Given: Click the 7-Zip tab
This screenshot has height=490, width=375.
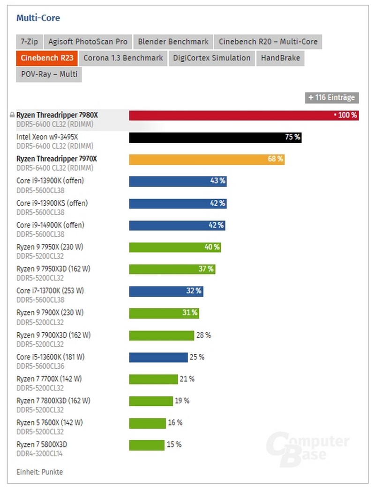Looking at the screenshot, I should tap(29, 42).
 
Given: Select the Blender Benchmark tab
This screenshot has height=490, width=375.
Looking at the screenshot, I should tap(173, 42).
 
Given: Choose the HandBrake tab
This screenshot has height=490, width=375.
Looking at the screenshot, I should tap(280, 58).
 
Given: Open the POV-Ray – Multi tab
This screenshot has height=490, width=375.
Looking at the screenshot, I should tap(49, 74).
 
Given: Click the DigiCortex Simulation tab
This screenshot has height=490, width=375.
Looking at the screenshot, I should tap(211, 58).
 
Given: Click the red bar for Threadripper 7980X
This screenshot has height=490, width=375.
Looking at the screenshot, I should tap(244, 115).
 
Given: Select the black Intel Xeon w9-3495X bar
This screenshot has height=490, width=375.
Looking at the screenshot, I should tap(215, 137).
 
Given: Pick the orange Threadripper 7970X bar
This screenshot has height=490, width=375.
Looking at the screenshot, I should tap(207, 159).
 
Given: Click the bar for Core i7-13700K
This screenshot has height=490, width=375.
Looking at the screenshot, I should tap(166, 291).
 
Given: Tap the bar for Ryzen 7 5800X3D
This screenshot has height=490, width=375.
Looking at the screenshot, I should tap(147, 445).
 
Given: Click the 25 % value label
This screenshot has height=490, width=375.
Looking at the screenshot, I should tap(197, 357).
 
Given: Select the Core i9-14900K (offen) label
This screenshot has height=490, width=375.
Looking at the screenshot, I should tap(50, 225).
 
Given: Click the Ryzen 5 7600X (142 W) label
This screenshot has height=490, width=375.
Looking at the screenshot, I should tap(49, 423).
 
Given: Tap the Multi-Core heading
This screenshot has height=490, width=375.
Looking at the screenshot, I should tap(38, 18).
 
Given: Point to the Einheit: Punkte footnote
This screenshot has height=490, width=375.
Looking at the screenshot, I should tap(39, 472).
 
